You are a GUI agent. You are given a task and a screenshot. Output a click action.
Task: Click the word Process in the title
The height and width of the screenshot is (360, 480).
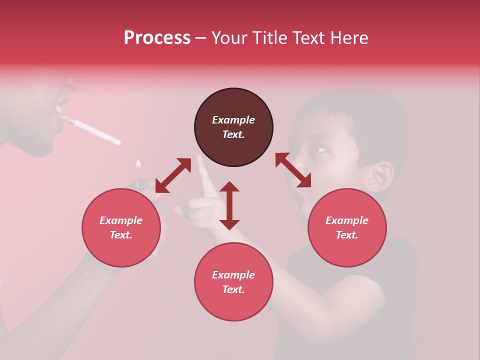[x=157, y=38]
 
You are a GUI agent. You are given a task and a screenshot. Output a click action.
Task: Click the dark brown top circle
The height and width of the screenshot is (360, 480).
[x=233, y=127]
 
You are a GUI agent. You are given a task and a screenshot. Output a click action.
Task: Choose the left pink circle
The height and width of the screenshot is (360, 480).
[x=121, y=228]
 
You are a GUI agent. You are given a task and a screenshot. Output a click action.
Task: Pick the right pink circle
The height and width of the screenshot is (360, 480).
[x=347, y=228]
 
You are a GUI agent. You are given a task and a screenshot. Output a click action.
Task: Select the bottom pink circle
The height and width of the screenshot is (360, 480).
[x=233, y=282]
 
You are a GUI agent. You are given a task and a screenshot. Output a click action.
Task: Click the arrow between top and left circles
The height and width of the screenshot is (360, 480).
[x=173, y=175]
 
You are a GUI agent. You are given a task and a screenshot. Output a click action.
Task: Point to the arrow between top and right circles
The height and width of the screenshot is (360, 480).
[x=293, y=170]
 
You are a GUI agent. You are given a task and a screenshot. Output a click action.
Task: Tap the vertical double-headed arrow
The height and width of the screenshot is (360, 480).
[x=229, y=205]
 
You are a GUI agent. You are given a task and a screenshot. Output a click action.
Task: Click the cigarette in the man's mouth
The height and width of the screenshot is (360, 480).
[x=92, y=129]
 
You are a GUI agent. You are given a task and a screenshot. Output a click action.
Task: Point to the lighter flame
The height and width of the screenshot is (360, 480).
[x=138, y=165]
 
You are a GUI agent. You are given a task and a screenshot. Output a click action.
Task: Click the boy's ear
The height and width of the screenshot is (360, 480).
[x=381, y=175]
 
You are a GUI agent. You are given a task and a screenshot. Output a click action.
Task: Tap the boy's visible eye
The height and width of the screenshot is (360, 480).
[x=319, y=149]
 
